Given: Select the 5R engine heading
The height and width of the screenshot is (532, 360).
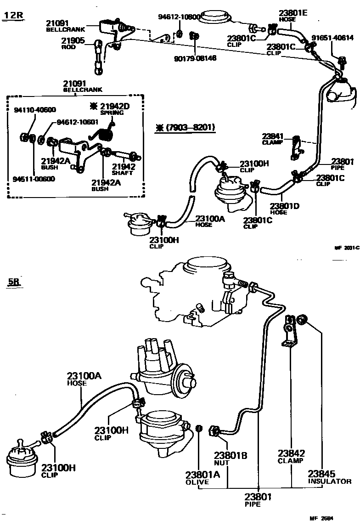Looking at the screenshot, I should tap(14, 282).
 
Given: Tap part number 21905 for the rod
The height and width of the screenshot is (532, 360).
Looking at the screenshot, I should tap(73, 41).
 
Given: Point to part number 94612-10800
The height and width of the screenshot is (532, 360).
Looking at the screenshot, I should tap(180, 17).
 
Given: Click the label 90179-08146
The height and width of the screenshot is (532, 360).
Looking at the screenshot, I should tap(195, 58).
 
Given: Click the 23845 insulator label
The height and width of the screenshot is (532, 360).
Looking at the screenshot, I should tap(329, 476).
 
